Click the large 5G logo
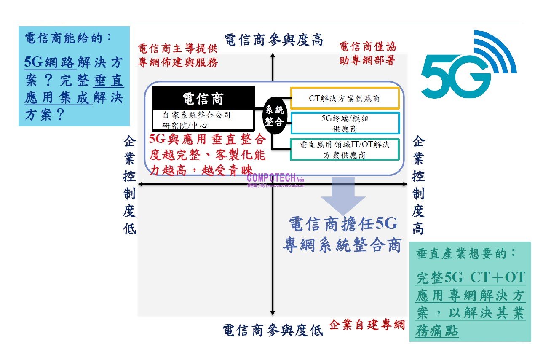pos(468,67)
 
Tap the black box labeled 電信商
pos(203,99)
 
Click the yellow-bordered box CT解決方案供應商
pos(345,99)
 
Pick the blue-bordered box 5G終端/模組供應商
pos(345,123)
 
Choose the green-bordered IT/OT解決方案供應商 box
pos(345,150)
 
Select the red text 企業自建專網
pos(366,325)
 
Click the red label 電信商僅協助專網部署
pos(367,54)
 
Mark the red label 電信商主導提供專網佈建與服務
pos(178,55)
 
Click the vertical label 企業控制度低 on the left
pos(129,185)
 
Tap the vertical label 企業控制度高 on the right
pos(417,185)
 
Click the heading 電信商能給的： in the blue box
pos(69,38)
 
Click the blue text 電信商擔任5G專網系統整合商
pos(342,234)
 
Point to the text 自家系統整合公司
pos(196,115)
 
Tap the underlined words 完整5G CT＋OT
pos(470,277)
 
